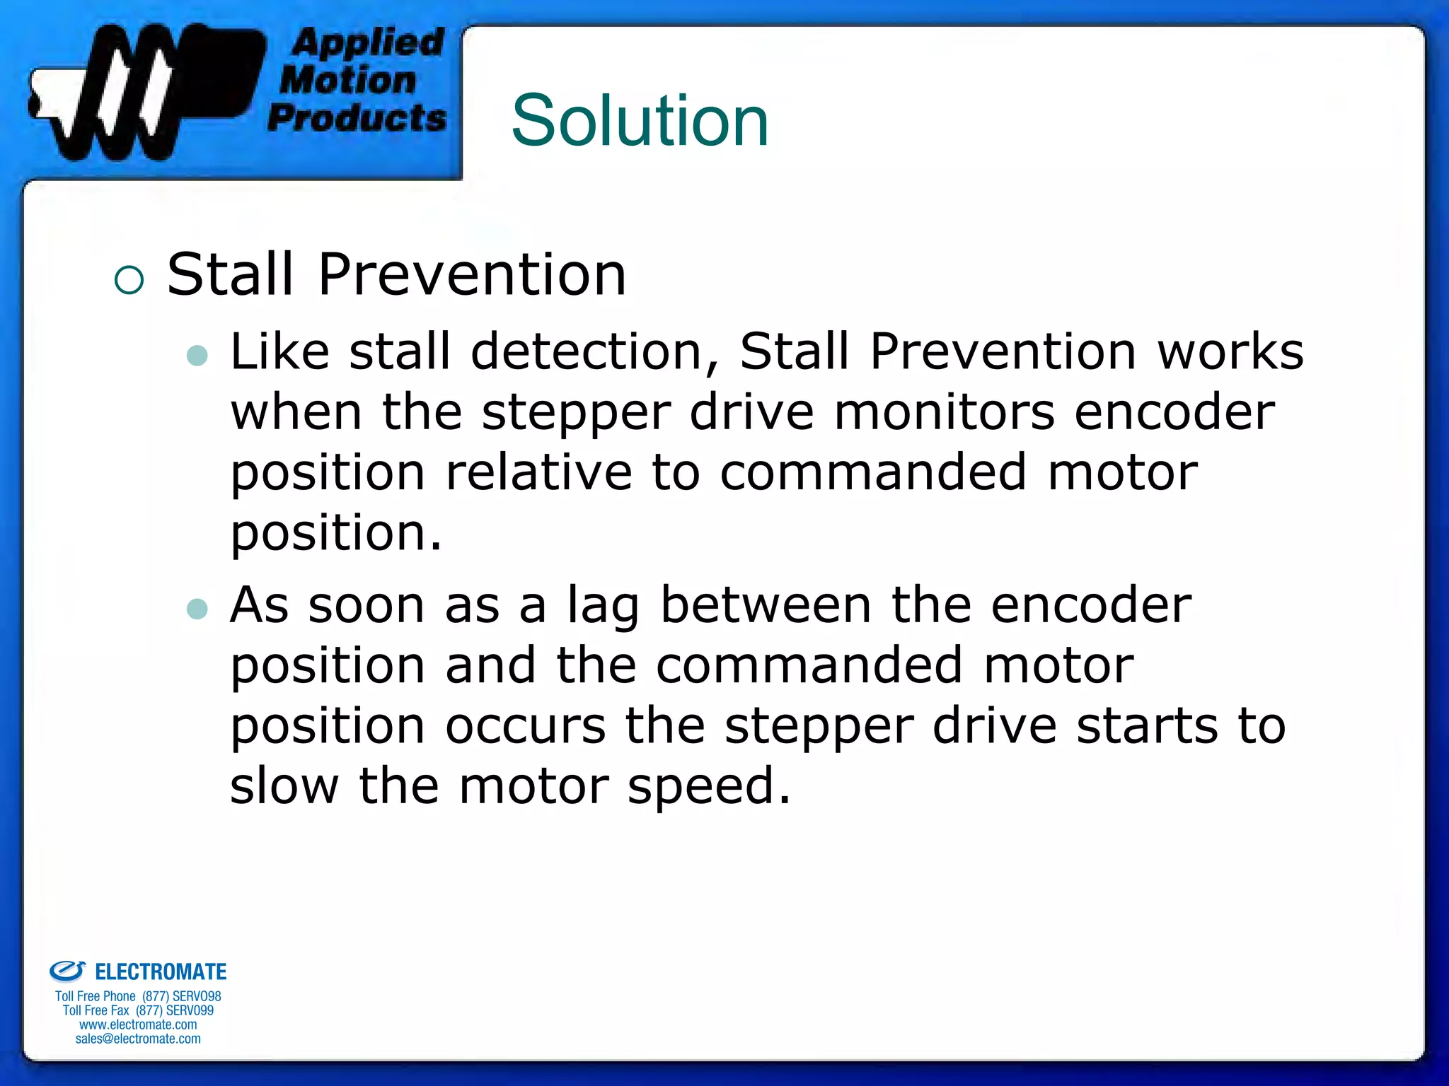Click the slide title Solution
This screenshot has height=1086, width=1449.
click(x=640, y=121)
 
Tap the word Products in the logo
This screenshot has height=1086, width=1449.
click(x=357, y=117)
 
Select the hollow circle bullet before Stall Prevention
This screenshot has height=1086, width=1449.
click(x=129, y=280)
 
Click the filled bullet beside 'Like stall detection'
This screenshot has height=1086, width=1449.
click(x=197, y=355)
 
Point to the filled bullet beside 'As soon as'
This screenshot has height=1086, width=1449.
click(x=197, y=609)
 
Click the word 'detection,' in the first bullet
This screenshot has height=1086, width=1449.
click(x=594, y=351)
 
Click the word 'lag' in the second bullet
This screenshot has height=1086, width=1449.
click(x=604, y=607)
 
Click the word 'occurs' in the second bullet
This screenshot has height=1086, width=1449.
click(x=525, y=726)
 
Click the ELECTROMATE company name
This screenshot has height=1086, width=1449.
click(x=161, y=972)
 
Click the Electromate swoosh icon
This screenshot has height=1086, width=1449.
click(x=67, y=971)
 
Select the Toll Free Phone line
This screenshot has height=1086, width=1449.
click(x=138, y=996)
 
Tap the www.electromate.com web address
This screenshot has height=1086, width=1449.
click(x=138, y=1024)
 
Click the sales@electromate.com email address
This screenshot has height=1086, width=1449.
click(x=138, y=1039)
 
